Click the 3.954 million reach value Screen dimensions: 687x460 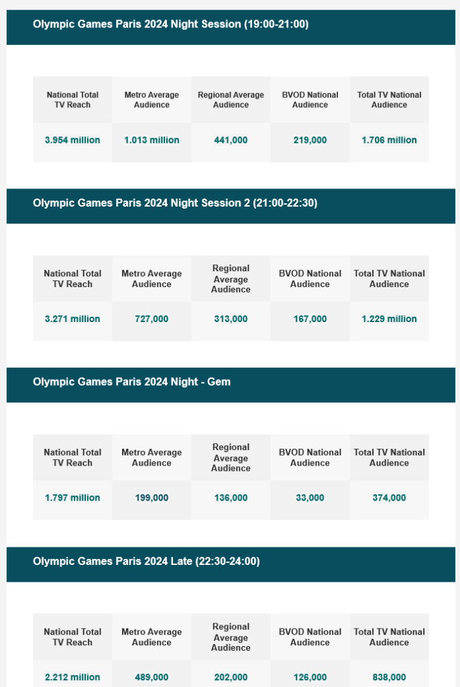click(x=72, y=140)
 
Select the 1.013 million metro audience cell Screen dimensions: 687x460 click(x=152, y=140)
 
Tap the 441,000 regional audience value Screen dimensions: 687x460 click(x=231, y=140)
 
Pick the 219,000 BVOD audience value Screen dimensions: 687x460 click(x=310, y=140)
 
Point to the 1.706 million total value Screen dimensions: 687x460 click(x=389, y=140)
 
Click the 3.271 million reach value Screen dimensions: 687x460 click(x=72, y=319)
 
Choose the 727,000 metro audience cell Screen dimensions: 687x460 click(x=152, y=319)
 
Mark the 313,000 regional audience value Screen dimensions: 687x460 click(x=231, y=319)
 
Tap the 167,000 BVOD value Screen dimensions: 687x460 click(x=310, y=319)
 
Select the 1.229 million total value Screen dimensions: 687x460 click(x=389, y=319)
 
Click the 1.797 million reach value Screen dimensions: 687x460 click(x=72, y=498)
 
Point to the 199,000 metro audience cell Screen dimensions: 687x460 click(x=152, y=498)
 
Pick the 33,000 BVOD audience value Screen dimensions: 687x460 click(x=310, y=498)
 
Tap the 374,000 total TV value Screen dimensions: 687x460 click(x=389, y=498)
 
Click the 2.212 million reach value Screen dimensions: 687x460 click(x=72, y=677)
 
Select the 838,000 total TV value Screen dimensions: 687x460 click(x=389, y=677)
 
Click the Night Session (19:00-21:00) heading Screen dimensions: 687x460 click(x=170, y=24)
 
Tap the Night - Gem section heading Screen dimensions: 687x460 click(x=131, y=382)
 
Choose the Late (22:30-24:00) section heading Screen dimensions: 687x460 click(x=146, y=561)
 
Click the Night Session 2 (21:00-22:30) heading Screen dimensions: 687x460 click(x=175, y=203)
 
